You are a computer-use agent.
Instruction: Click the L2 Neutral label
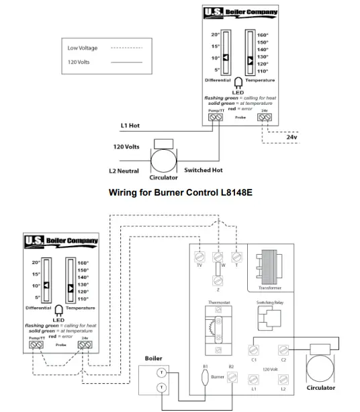coord(124,171)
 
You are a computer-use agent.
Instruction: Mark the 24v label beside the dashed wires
coord(291,137)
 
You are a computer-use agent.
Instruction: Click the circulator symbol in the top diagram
coord(163,161)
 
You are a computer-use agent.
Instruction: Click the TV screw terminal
coord(199,257)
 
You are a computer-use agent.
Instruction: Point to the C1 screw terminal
coord(253,350)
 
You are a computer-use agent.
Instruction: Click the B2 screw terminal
coord(231,378)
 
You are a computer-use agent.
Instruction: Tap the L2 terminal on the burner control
coord(283,378)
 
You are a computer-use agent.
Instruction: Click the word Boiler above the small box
coord(153,358)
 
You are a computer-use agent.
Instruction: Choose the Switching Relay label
coord(269,303)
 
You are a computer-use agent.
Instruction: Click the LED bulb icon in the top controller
coord(238,83)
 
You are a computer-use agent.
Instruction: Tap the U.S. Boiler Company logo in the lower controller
coord(61,241)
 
